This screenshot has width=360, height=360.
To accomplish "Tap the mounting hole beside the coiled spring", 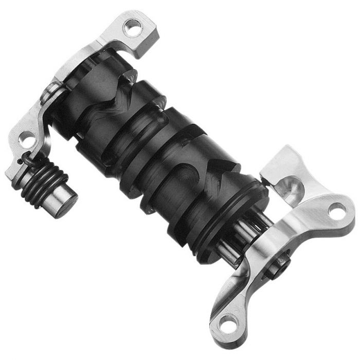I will click(x=23, y=138).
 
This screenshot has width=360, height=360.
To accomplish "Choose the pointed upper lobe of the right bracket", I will click(x=288, y=154).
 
